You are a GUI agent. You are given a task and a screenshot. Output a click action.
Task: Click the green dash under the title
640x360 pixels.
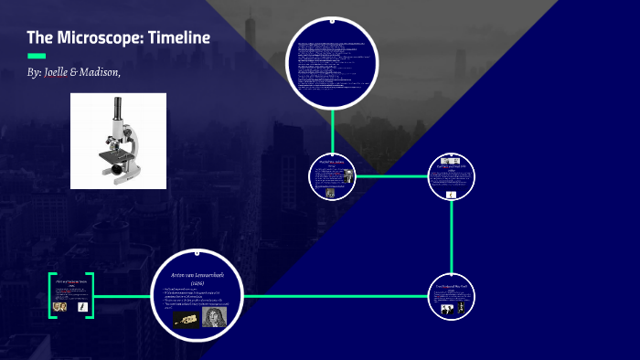click(x=37, y=56)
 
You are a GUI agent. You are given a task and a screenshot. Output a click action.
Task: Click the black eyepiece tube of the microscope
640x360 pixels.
click(x=119, y=108)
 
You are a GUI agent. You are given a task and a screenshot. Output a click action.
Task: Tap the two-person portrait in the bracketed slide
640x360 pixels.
click(x=59, y=308)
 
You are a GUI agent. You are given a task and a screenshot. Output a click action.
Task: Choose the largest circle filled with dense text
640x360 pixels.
click(x=333, y=61)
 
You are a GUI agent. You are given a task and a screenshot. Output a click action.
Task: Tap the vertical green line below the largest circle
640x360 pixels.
click(x=333, y=129)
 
